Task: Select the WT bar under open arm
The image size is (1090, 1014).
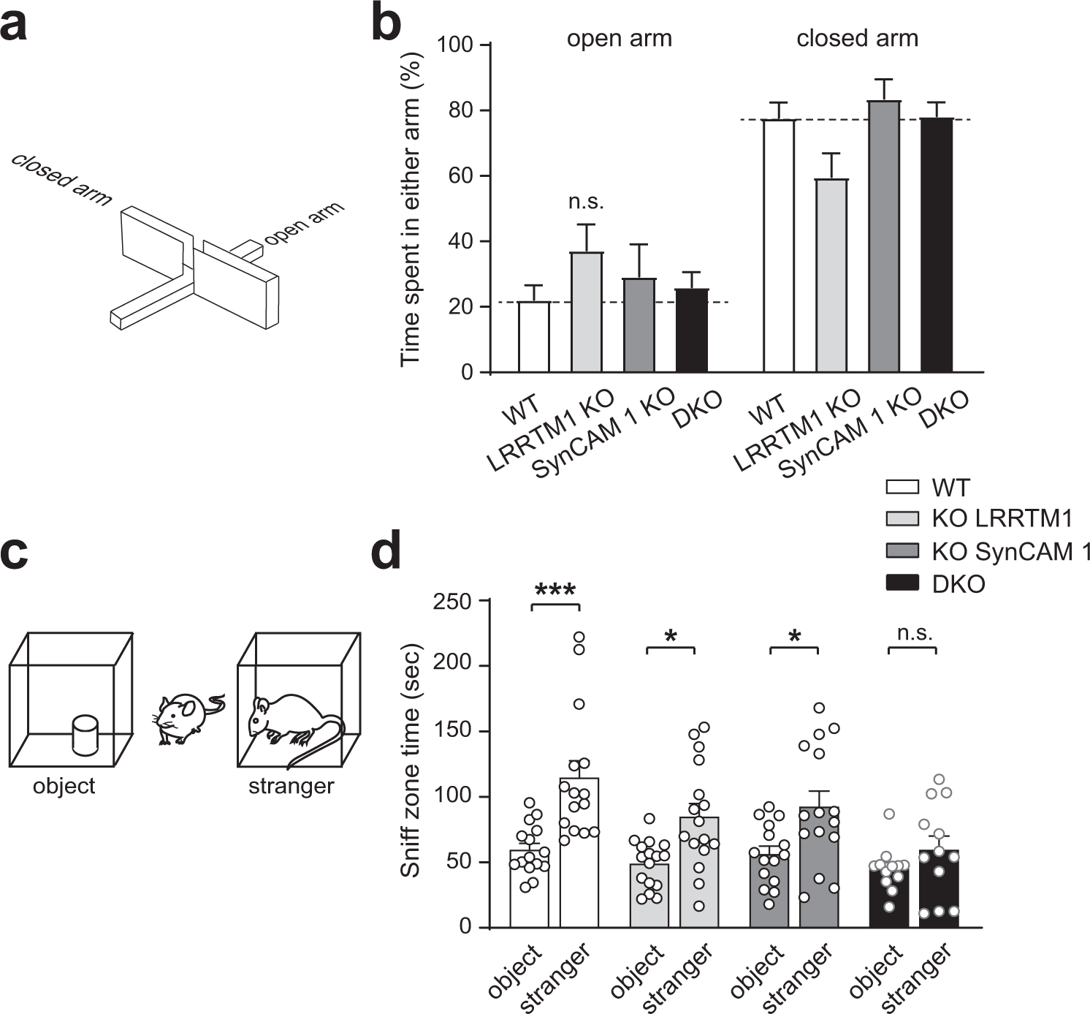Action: [x=533, y=337]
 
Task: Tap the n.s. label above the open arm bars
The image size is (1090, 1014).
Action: [x=586, y=203]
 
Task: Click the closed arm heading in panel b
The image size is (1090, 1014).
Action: [x=857, y=38]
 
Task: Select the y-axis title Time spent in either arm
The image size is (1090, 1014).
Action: [x=411, y=208]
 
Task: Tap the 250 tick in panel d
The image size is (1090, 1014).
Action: [x=454, y=600]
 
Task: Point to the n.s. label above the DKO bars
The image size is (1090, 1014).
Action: [x=914, y=633]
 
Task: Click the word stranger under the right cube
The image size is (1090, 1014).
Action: [x=291, y=787]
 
